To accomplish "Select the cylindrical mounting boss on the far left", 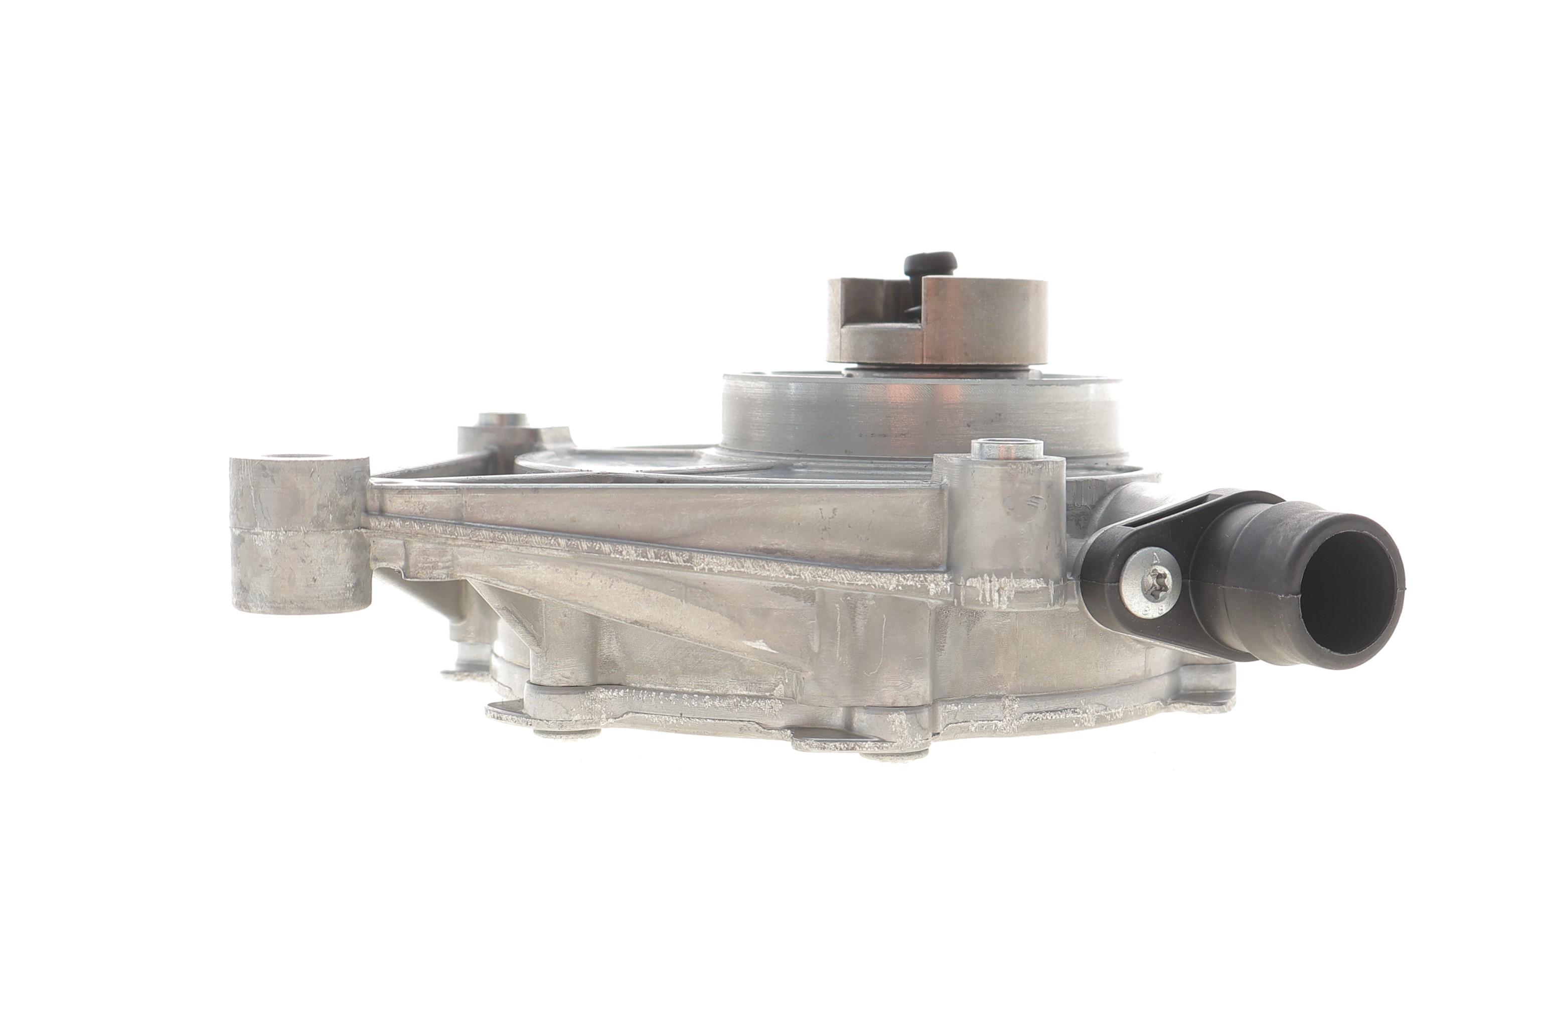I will click(x=300, y=533).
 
